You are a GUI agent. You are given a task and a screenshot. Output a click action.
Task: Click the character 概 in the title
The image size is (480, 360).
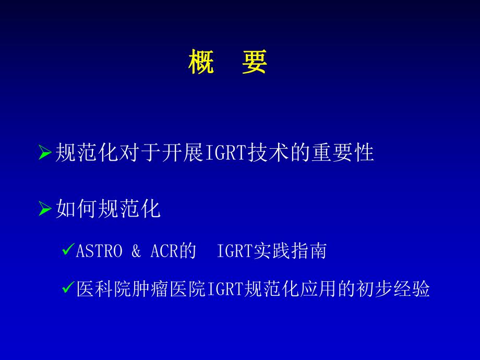click(201, 63)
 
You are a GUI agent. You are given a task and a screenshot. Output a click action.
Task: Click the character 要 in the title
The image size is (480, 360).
click(255, 63)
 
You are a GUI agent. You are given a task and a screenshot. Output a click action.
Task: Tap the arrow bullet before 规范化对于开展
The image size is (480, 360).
click(45, 153)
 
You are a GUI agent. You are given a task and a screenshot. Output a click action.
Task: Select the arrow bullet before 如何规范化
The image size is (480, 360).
click(45, 210)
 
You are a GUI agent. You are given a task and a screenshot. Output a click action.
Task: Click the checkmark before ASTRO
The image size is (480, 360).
click(67, 251)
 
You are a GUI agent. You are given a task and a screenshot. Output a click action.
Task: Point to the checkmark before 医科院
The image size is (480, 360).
click(67, 288)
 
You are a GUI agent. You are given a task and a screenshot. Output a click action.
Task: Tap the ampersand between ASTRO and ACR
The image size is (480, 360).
click(136, 252)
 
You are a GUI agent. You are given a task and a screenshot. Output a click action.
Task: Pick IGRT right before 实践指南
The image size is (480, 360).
click(234, 252)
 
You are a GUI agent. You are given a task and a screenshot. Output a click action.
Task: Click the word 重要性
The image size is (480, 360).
click(342, 153)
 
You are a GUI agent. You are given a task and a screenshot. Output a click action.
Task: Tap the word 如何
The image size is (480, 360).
click(73, 210)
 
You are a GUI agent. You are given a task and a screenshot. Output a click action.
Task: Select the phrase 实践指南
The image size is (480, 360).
click(290, 252)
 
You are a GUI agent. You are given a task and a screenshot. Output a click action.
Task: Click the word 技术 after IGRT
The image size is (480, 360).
click(263, 153)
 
